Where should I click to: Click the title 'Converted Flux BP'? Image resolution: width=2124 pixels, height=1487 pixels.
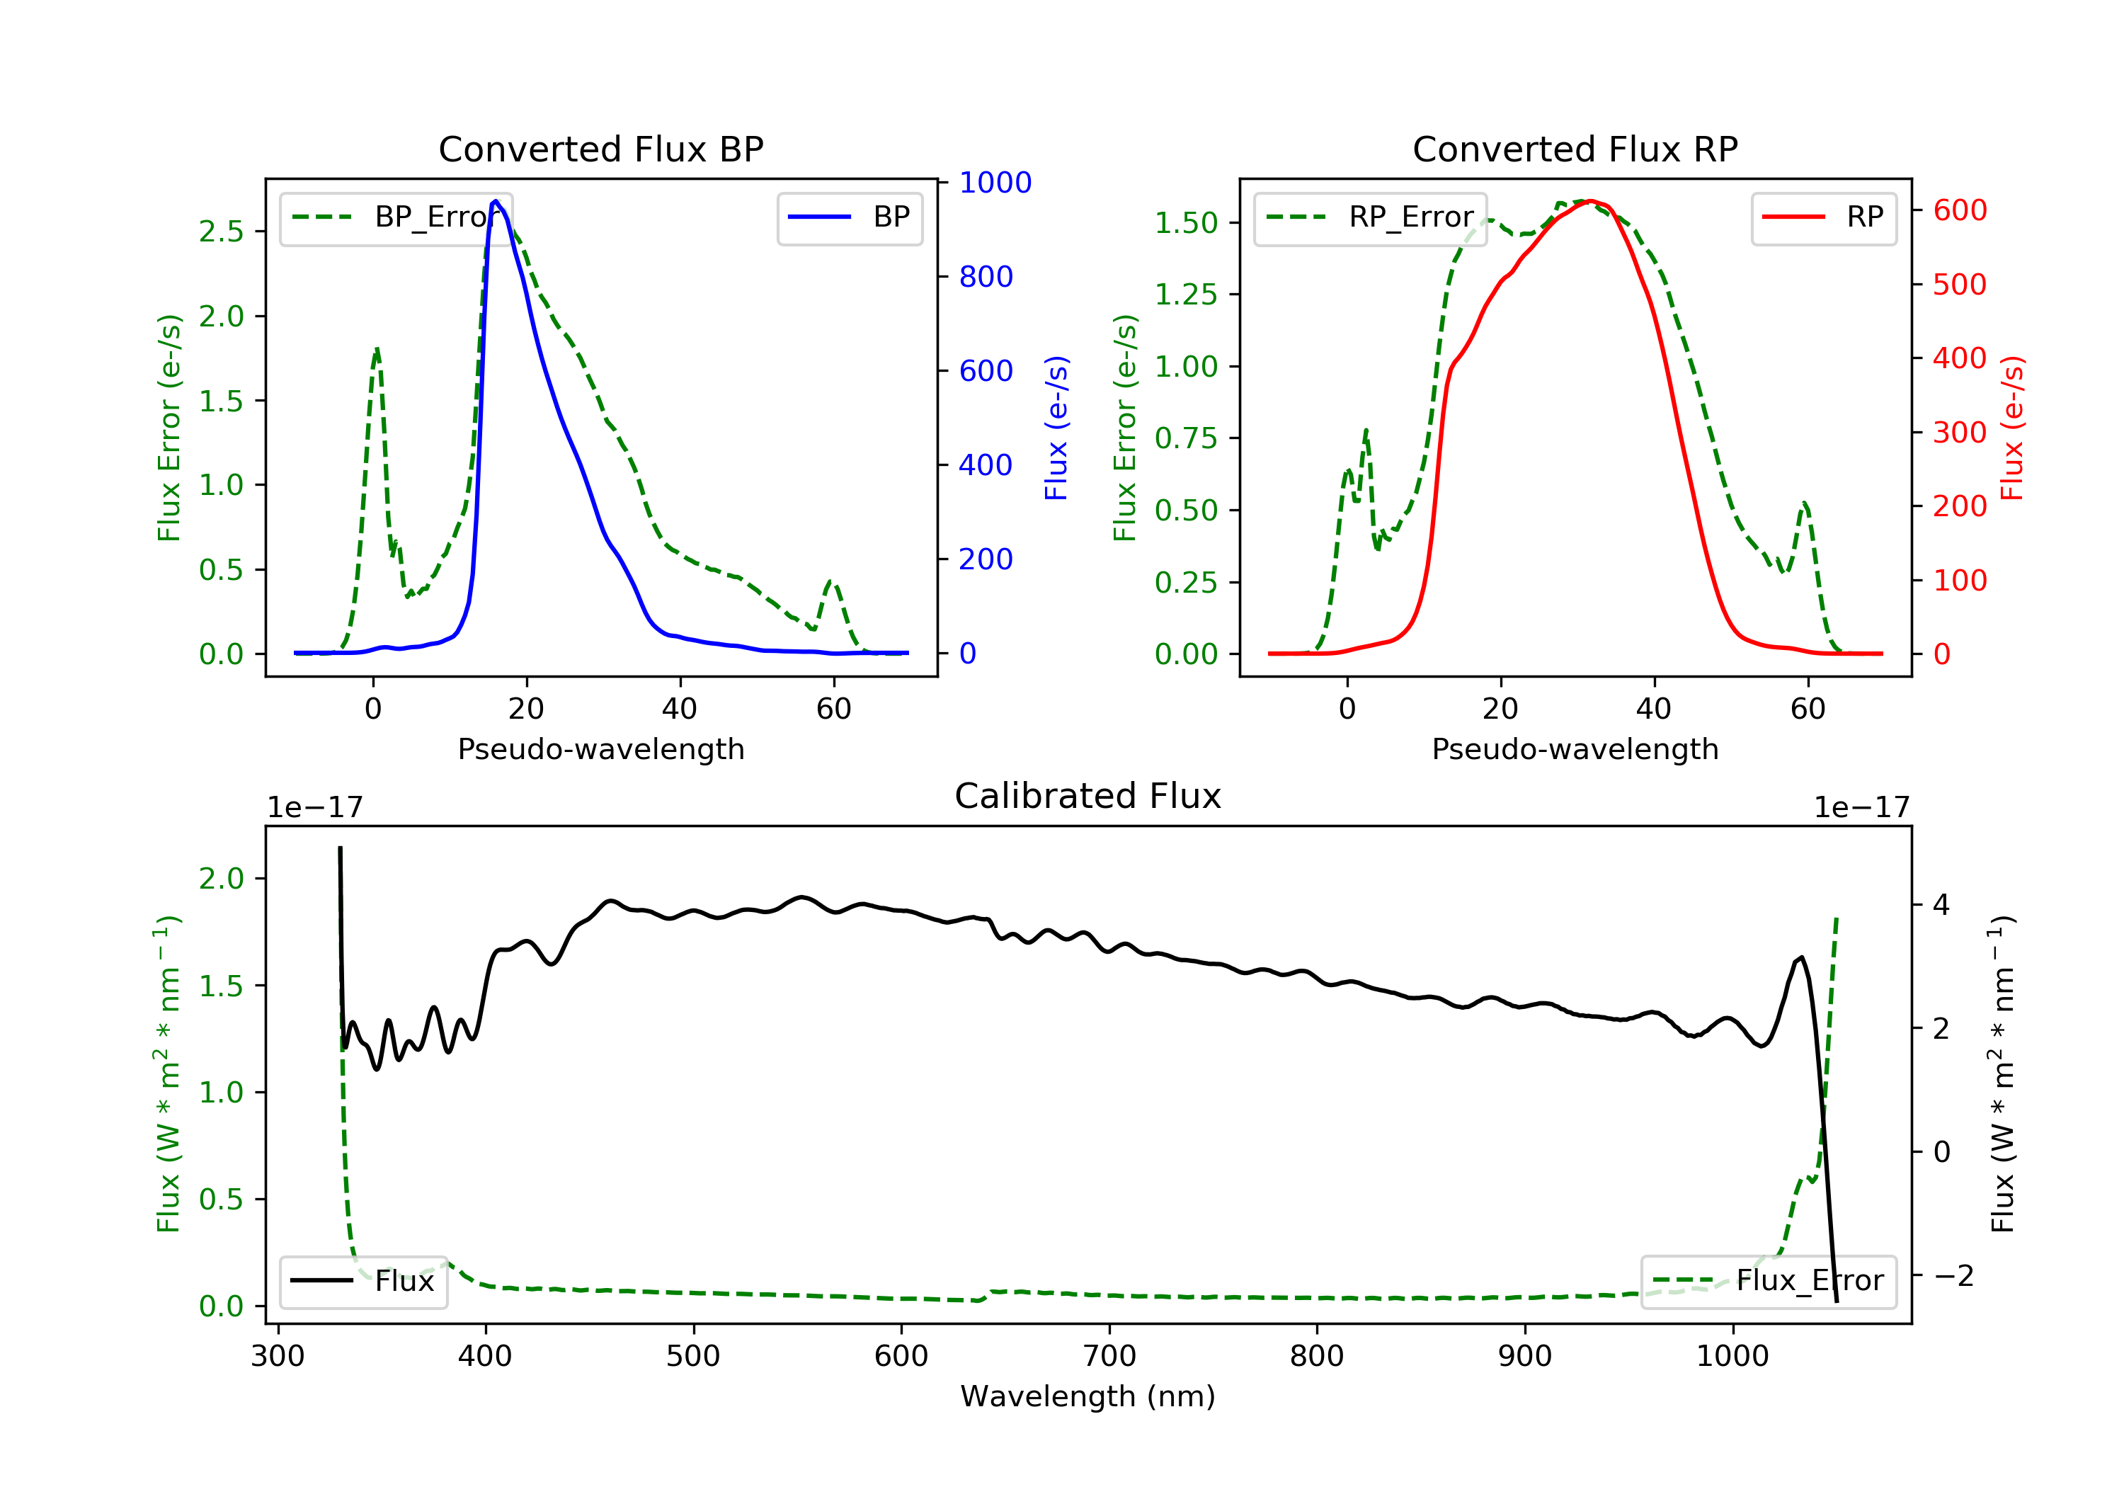tap(600, 149)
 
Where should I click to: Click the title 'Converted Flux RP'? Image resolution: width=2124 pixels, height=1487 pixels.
tap(1575, 149)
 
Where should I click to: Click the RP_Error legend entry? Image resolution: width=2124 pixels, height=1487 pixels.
tap(1370, 217)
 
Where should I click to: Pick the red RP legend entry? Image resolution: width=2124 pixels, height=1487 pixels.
tap(1823, 217)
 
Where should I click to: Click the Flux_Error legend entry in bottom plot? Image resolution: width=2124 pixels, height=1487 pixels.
tap(1768, 1281)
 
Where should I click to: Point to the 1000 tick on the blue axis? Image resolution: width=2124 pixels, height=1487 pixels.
tap(995, 182)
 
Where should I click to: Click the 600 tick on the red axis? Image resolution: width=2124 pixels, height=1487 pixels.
tap(1959, 210)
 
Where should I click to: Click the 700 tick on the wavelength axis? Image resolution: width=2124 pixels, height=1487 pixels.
tap(1109, 1357)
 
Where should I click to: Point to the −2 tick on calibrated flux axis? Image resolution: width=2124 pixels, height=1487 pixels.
tap(1953, 1276)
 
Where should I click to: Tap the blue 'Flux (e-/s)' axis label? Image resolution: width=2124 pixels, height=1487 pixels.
tap(1056, 428)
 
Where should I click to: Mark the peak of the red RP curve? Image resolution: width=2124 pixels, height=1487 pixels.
tap(1590, 201)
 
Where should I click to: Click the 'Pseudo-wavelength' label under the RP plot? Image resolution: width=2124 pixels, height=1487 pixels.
tap(1575, 748)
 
